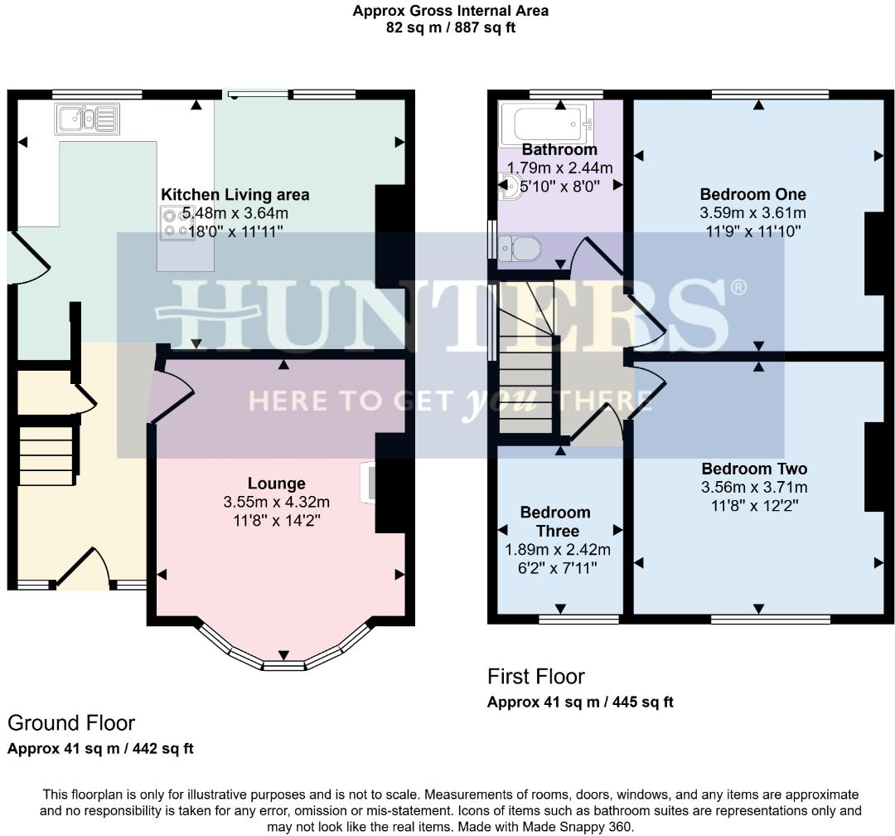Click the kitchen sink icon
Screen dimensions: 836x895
(x=88, y=119)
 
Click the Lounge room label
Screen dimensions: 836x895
(x=276, y=484)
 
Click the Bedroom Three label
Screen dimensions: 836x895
(x=555, y=522)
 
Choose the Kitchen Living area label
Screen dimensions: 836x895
(x=235, y=195)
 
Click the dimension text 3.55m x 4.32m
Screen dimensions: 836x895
(x=276, y=503)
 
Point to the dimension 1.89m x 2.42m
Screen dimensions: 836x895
(x=558, y=550)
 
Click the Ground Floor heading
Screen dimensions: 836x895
(x=71, y=723)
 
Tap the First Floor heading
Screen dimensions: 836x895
(x=535, y=677)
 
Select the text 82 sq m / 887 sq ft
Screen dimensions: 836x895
(x=450, y=27)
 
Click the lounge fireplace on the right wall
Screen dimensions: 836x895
(x=366, y=484)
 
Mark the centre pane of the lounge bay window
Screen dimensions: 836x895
(x=284, y=665)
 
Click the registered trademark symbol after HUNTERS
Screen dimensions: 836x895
(x=737, y=288)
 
